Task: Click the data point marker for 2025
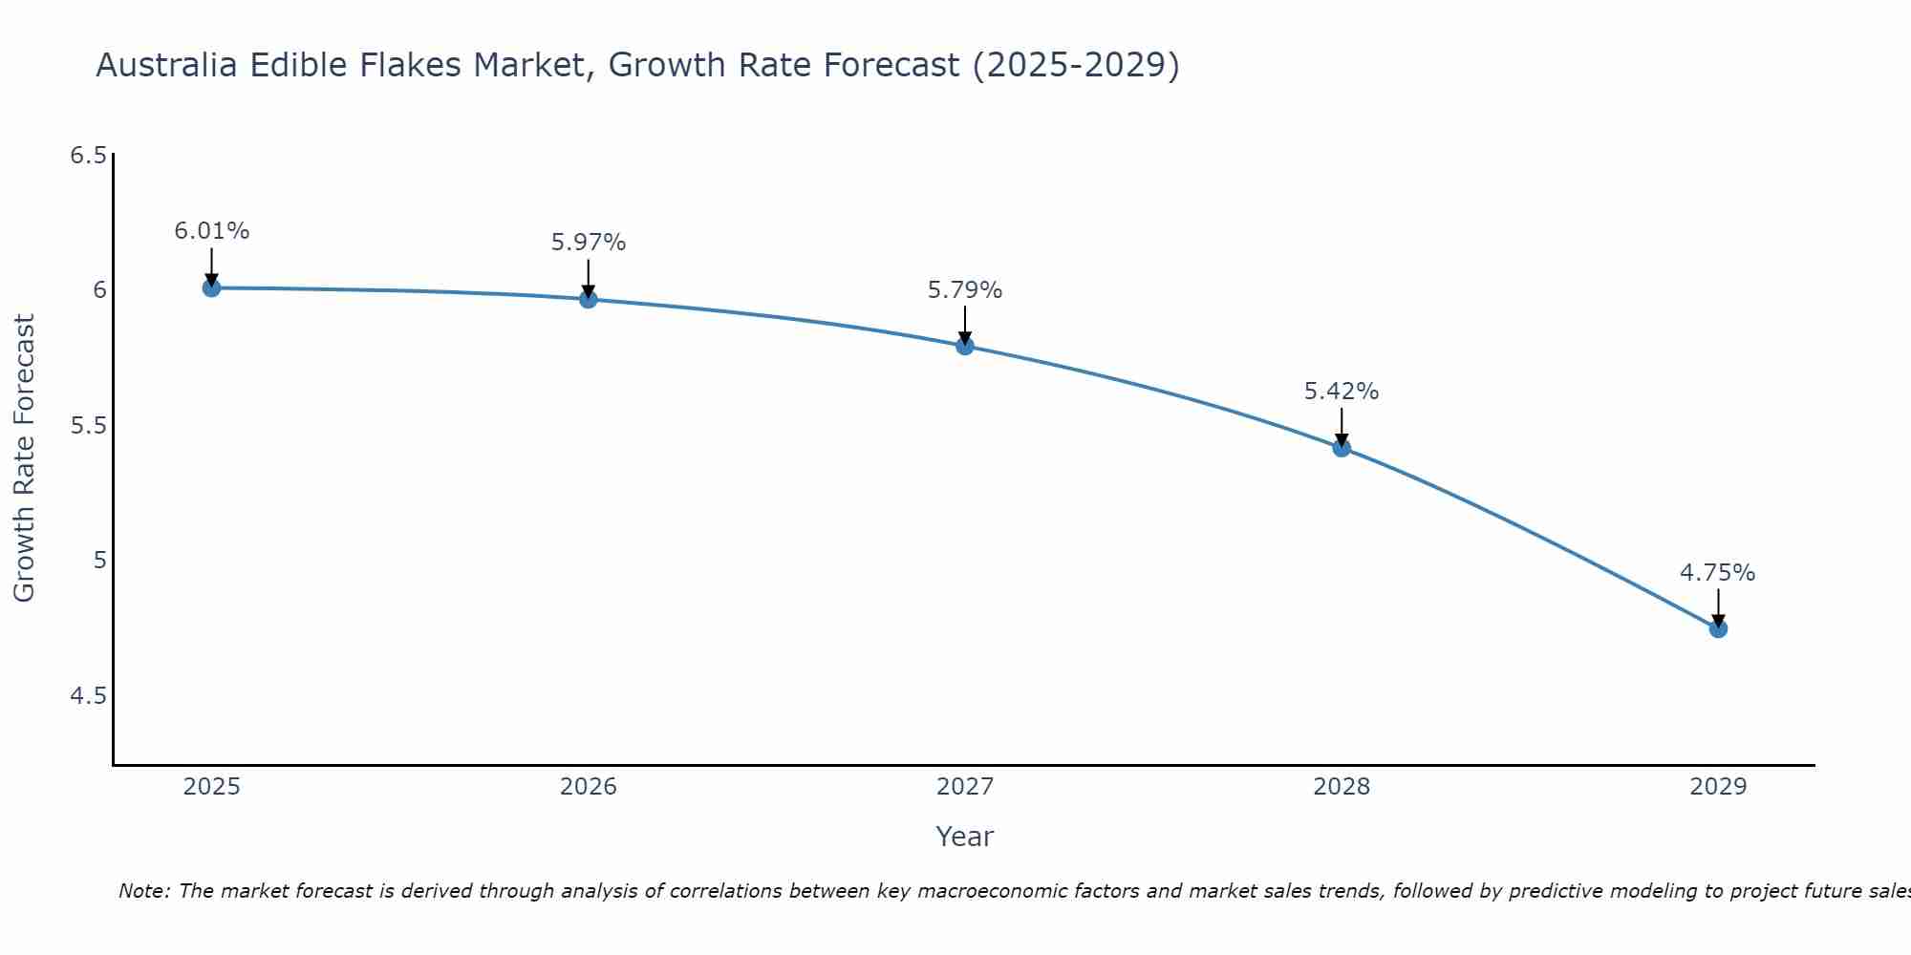coord(211,287)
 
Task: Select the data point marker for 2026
coord(589,299)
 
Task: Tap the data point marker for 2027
coord(965,346)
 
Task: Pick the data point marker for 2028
coord(1342,447)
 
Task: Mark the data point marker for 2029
coord(1718,628)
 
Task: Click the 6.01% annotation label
coord(211,231)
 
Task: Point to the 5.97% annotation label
coord(589,243)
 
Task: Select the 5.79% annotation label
coord(965,290)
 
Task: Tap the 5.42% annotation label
coord(1342,392)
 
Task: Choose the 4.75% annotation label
coord(1718,573)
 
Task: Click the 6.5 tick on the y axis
coord(88,156)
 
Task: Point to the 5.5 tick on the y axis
coord(88,426)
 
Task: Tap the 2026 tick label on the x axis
coord(589,787)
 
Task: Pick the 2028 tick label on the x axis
coord(1342,787)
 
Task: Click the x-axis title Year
coord(965,837)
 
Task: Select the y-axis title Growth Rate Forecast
coord(25,458)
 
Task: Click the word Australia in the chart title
coord(168,65)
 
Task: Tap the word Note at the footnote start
coord(143,891)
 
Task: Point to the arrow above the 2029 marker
coord(1718,606)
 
